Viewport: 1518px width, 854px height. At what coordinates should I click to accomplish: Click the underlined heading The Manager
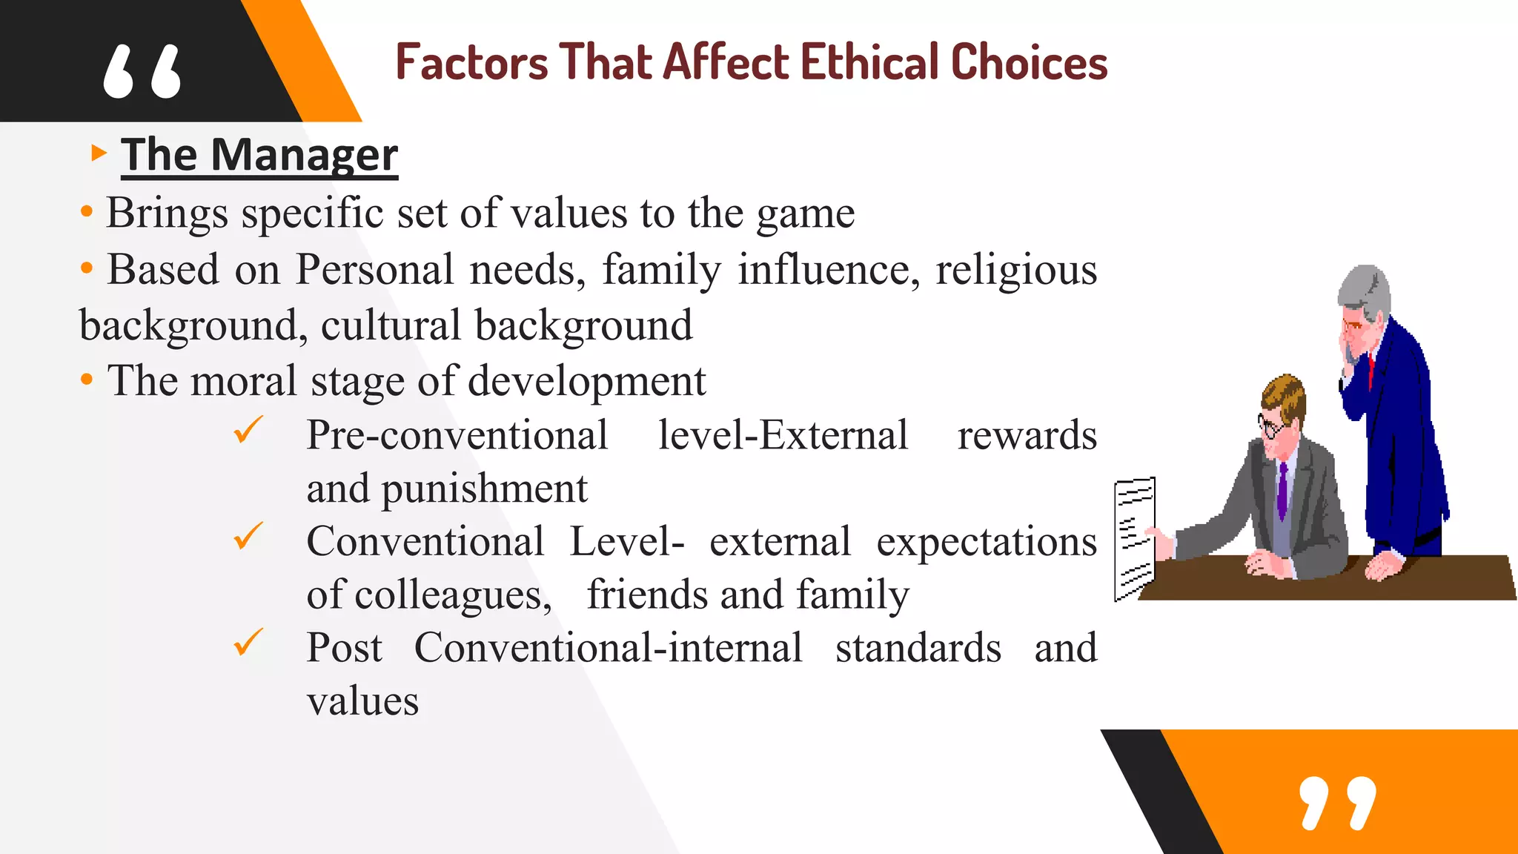259,155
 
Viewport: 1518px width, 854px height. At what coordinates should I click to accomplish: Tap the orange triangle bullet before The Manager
99,153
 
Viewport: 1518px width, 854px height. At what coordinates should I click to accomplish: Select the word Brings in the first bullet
167,213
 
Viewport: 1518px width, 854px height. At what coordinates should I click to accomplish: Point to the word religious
1015,270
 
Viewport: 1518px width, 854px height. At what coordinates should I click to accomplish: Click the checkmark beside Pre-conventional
248,430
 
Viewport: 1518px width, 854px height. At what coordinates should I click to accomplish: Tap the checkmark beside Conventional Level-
248,536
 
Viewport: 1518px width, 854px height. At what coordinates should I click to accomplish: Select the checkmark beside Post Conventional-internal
248,642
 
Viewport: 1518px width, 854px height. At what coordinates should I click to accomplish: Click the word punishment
484,489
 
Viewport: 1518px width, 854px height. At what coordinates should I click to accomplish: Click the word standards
918,648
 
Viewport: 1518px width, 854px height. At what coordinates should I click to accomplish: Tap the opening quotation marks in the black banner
142,72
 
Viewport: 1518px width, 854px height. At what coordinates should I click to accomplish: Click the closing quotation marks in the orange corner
1338,803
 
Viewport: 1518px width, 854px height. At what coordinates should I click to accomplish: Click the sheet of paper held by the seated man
1134,537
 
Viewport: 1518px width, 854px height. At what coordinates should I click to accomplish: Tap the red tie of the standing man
1371,371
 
